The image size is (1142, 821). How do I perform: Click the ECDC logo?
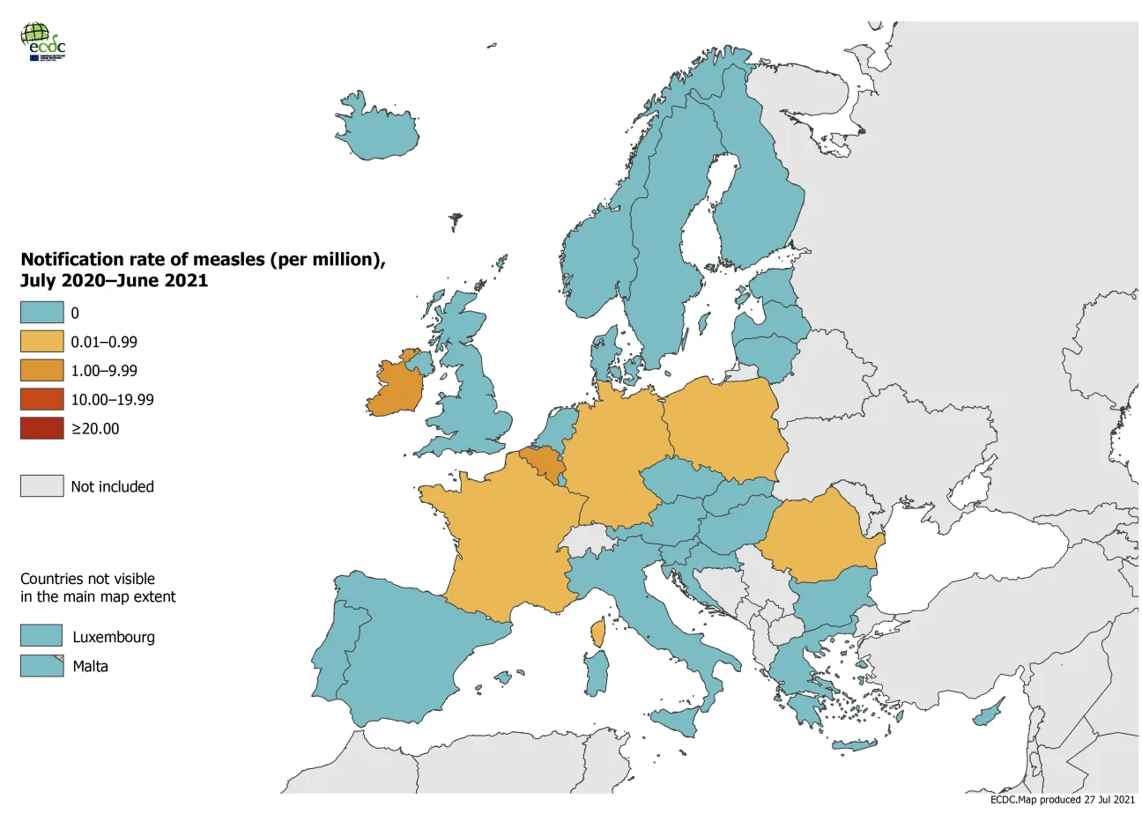(42, 41)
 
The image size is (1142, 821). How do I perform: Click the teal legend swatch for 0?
(42, 313)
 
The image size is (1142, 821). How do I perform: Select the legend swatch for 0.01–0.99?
(42, 342)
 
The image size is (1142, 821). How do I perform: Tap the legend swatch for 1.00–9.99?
(42, 371)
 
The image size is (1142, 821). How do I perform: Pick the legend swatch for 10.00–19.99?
(42, 400)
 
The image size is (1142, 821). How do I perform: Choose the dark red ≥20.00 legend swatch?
(42, 429)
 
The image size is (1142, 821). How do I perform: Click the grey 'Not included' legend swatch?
(42, 486)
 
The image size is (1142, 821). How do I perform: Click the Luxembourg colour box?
(41, 636)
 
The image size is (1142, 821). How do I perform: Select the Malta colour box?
(41, 666)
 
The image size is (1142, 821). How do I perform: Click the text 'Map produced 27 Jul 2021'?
(1076, 800)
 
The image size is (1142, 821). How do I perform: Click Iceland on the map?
(378, 132)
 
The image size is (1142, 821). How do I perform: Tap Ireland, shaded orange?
(397, 388)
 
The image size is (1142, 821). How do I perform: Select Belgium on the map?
(539, 462)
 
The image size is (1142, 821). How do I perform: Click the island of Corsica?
(599, 632)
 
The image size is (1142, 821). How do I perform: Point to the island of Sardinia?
(597, 674)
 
